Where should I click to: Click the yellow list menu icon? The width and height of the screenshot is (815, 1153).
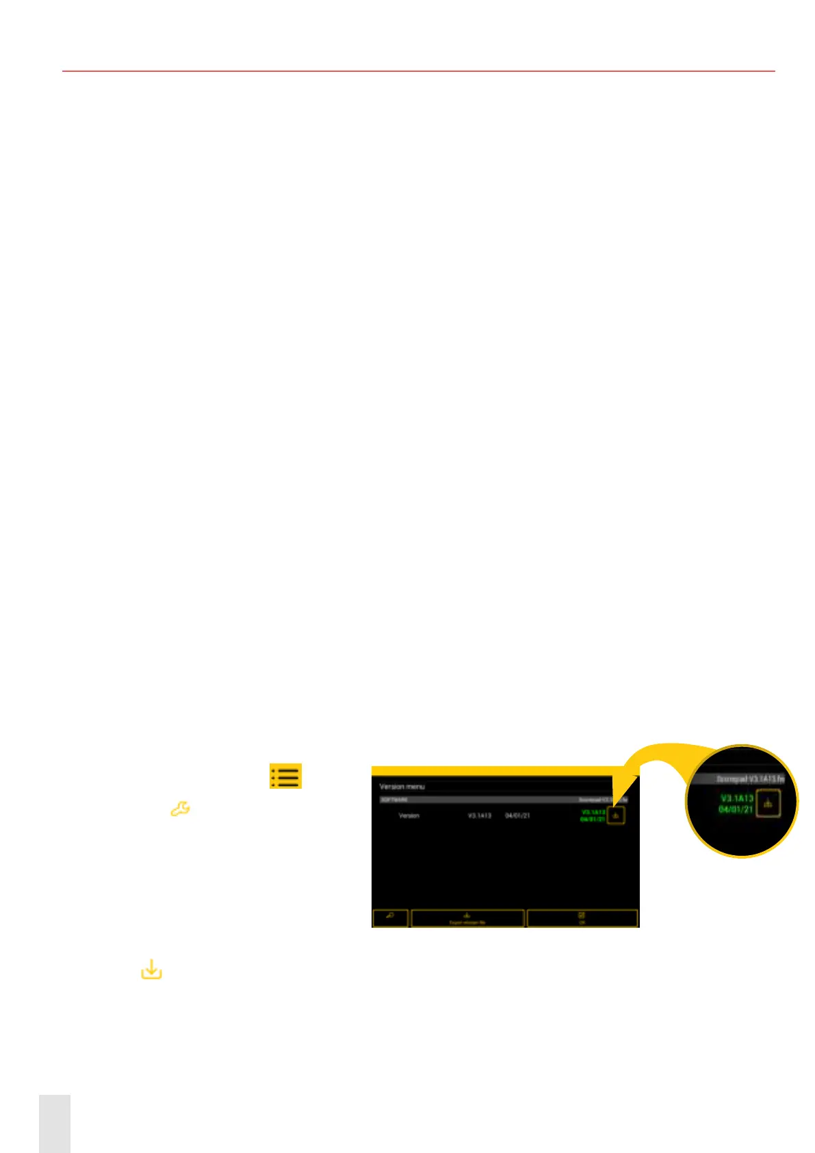tap(285, 776)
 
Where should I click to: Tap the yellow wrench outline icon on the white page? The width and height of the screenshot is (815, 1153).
tap(180, 809)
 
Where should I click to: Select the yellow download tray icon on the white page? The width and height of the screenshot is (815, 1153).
tap(151, 970)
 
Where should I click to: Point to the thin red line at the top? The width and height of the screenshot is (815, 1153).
tap(418, 71)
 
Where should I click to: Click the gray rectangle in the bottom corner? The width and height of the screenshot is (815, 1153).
tap(55, 1123)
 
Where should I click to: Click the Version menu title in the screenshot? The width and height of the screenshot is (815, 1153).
tap(402, 787)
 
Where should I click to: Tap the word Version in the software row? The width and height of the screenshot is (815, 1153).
tap(409, 815)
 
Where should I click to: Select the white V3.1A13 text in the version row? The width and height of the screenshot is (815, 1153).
tap(480, 815)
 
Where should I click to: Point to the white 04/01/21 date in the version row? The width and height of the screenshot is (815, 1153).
tap(517, 815)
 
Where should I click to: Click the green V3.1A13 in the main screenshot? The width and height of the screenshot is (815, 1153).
tap(593, 812)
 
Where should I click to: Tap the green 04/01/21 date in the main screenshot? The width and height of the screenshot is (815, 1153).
tap(593, 819)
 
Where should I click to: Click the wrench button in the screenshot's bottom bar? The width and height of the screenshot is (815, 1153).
tap(390, 917)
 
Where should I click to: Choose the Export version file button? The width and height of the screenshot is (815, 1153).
tap(468, 918)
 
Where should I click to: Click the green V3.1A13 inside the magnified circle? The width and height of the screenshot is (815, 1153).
tap(736, 798)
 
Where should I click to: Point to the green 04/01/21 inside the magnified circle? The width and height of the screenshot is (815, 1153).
tap(736, 809)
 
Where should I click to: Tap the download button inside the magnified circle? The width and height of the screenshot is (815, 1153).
tap(768, 804)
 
